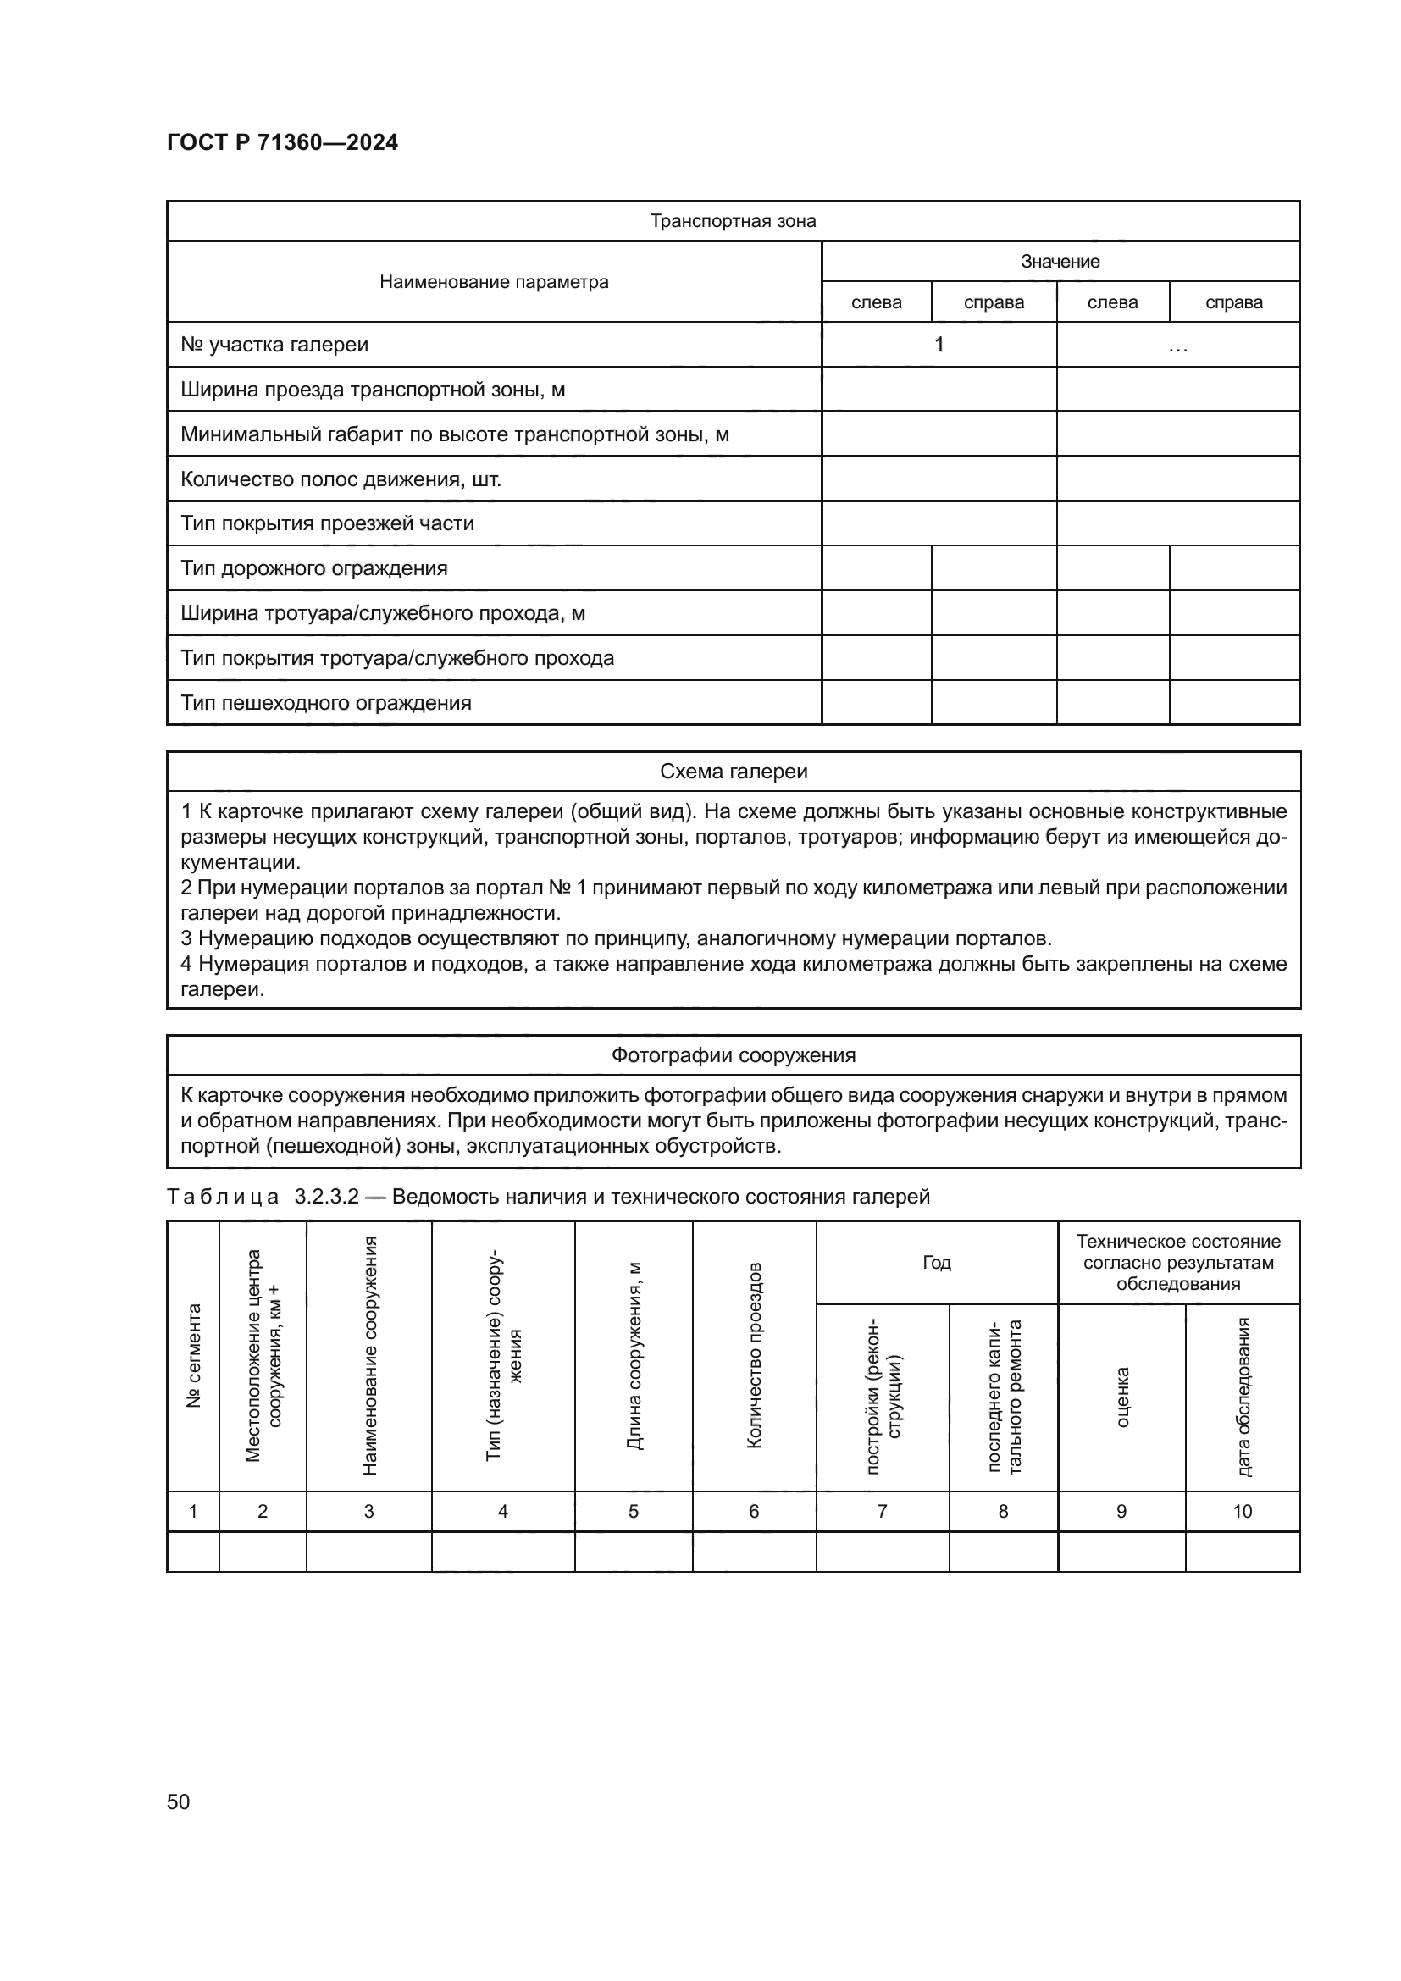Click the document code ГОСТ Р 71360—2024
282,142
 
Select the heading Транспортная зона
733,221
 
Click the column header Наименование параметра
494,282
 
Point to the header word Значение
1060,262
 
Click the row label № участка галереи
274,345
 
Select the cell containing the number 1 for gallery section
939,345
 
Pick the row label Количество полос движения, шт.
341,479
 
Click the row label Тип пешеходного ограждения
326,702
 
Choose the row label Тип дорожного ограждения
314,568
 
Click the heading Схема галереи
733,772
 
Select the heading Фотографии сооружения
733,1055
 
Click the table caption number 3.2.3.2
326,1197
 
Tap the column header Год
936,1262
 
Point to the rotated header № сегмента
193,1355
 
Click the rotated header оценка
1121,1397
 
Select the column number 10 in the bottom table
1242,1511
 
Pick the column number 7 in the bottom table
882,1511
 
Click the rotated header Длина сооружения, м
634,1355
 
